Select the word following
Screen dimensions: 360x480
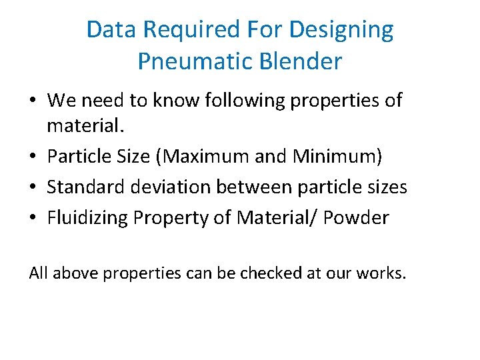coord(231,101)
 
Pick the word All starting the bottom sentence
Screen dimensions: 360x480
coord(39,274)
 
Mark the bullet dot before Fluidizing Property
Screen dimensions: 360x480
coord(33,218)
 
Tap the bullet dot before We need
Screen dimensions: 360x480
coord(33,101)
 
